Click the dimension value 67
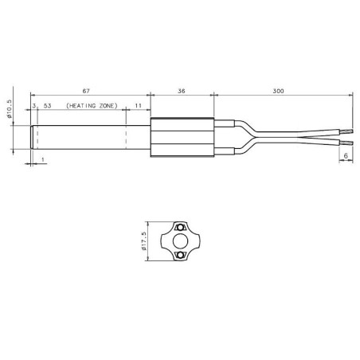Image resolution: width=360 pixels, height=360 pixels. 89,91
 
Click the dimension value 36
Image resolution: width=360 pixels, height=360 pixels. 182,91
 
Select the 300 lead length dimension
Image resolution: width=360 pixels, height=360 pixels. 277,91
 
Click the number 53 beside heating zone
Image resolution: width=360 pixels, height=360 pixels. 48,105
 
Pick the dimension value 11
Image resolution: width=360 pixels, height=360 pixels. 138,105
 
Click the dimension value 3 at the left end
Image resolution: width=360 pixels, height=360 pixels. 34,105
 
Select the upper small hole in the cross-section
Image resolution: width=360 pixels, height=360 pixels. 181,225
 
